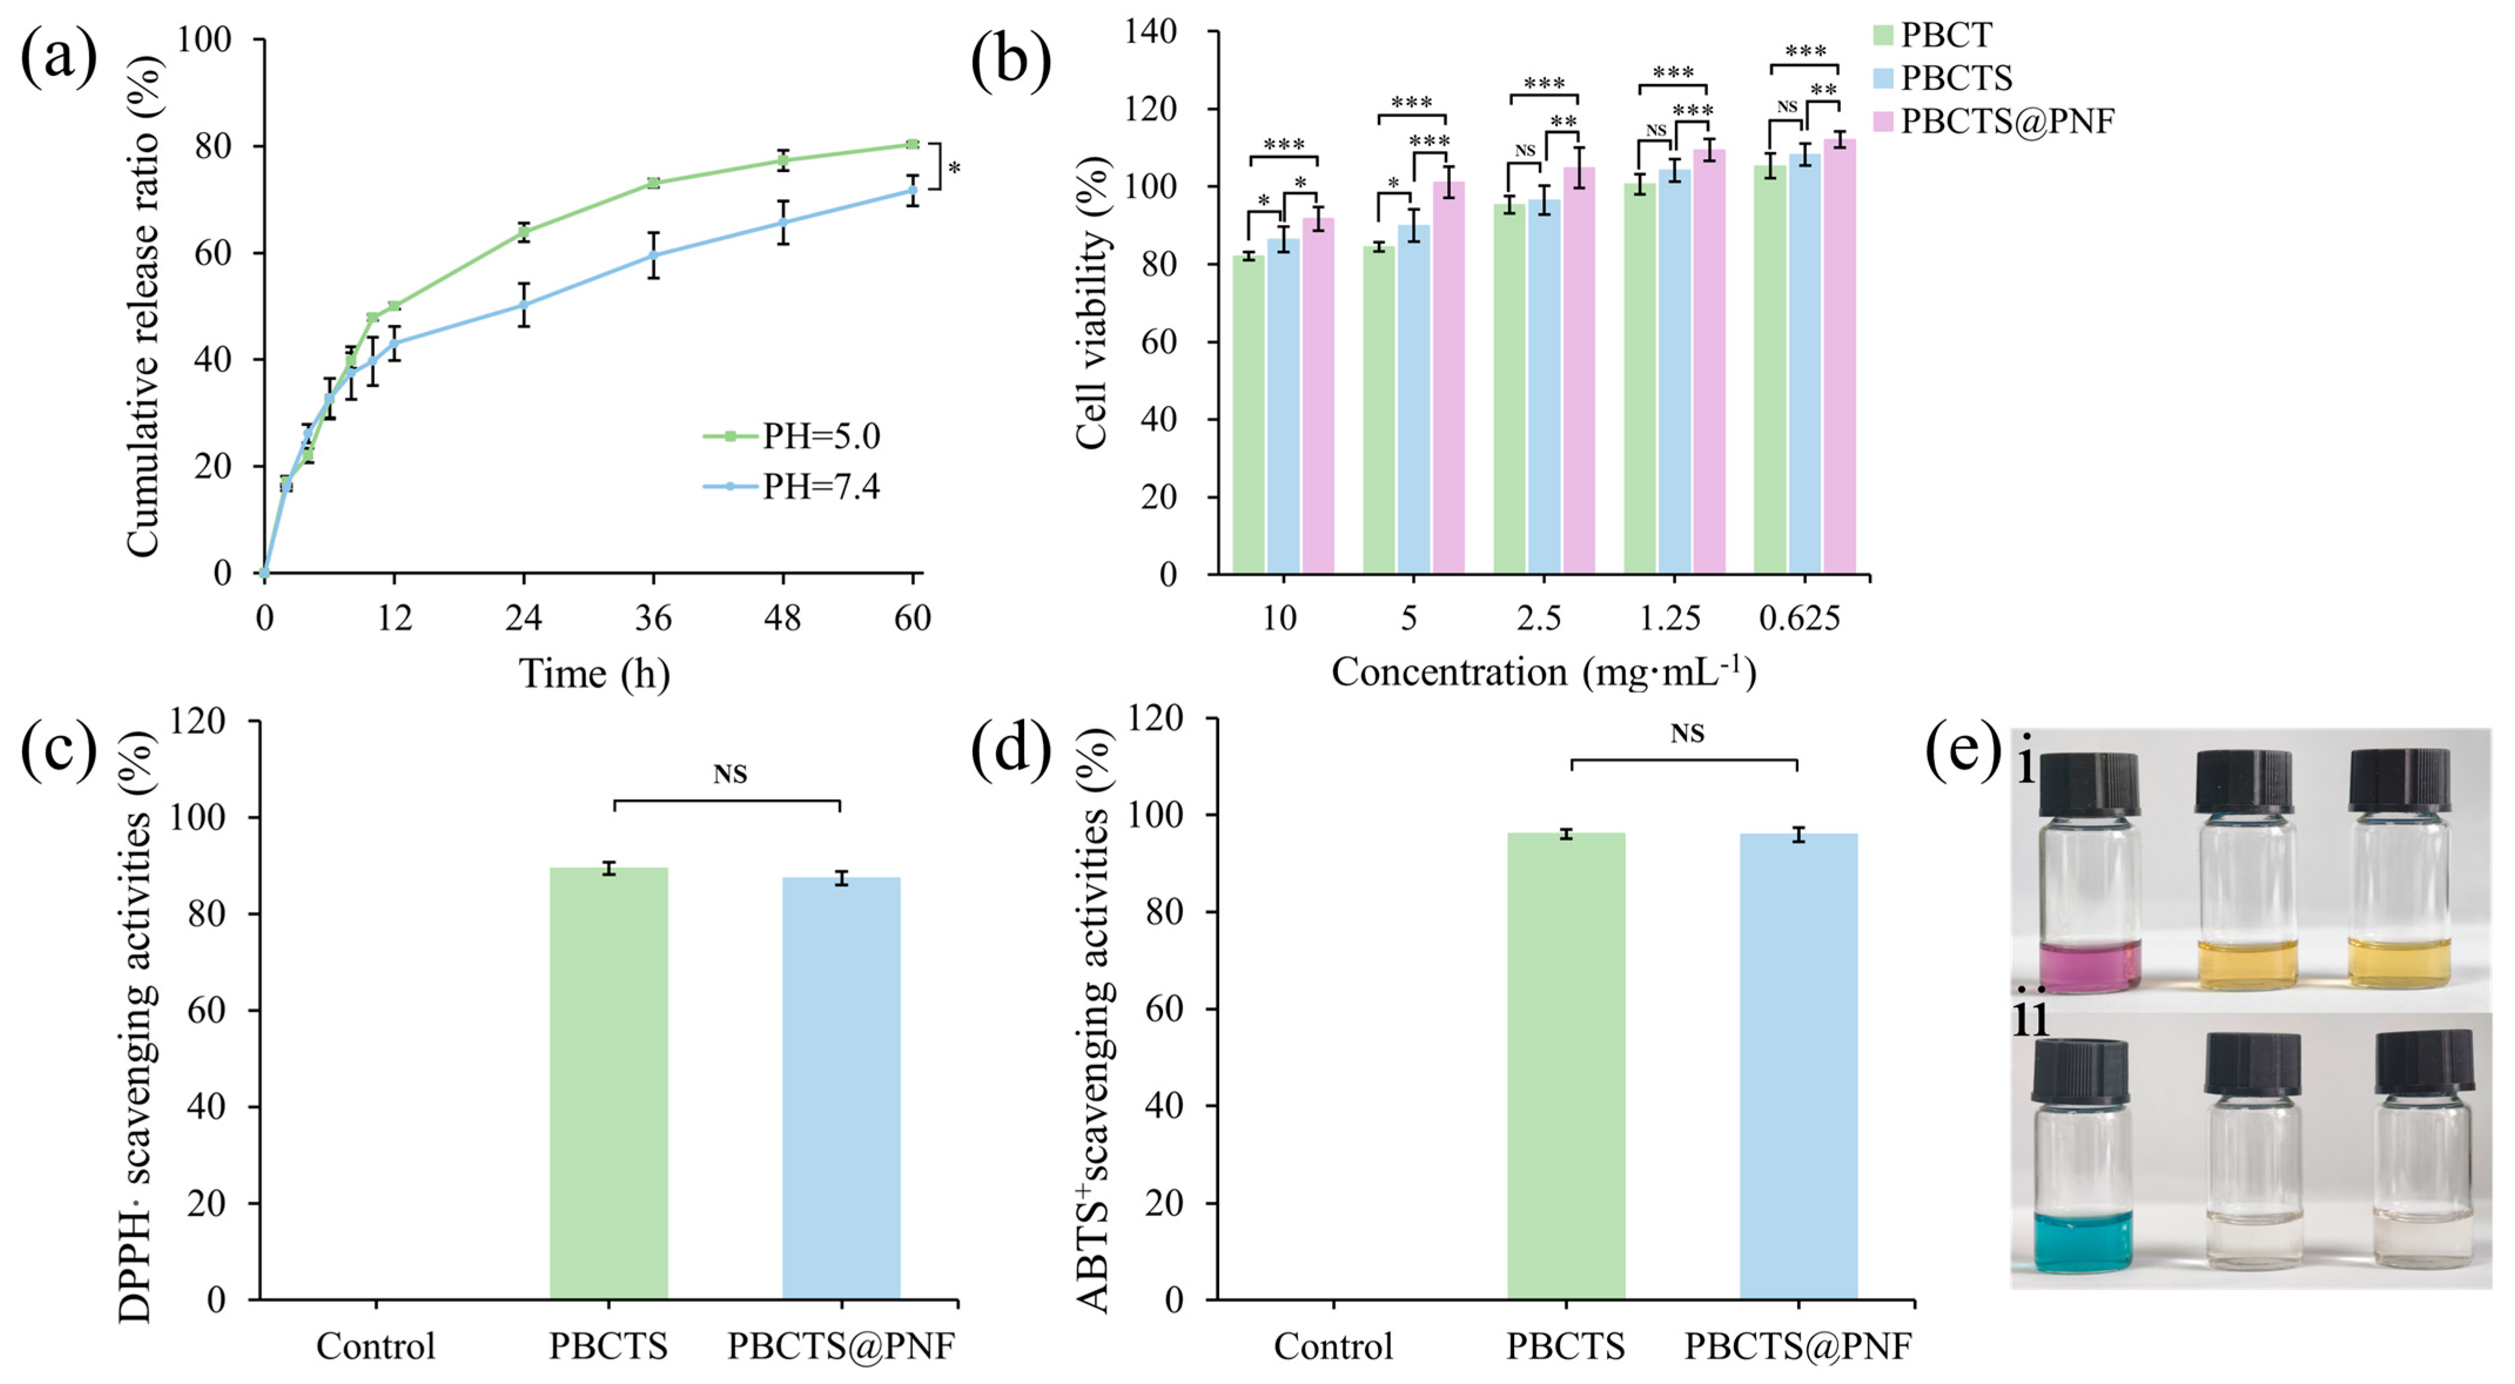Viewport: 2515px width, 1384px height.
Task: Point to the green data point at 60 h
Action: (912, 144)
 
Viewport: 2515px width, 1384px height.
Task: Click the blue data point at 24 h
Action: (523, 305)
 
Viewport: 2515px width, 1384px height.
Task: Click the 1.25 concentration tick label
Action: (1670, 618)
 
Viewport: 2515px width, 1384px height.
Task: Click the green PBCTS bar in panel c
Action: (608, 1083)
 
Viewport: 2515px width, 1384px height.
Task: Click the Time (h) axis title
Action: (594, 674)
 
